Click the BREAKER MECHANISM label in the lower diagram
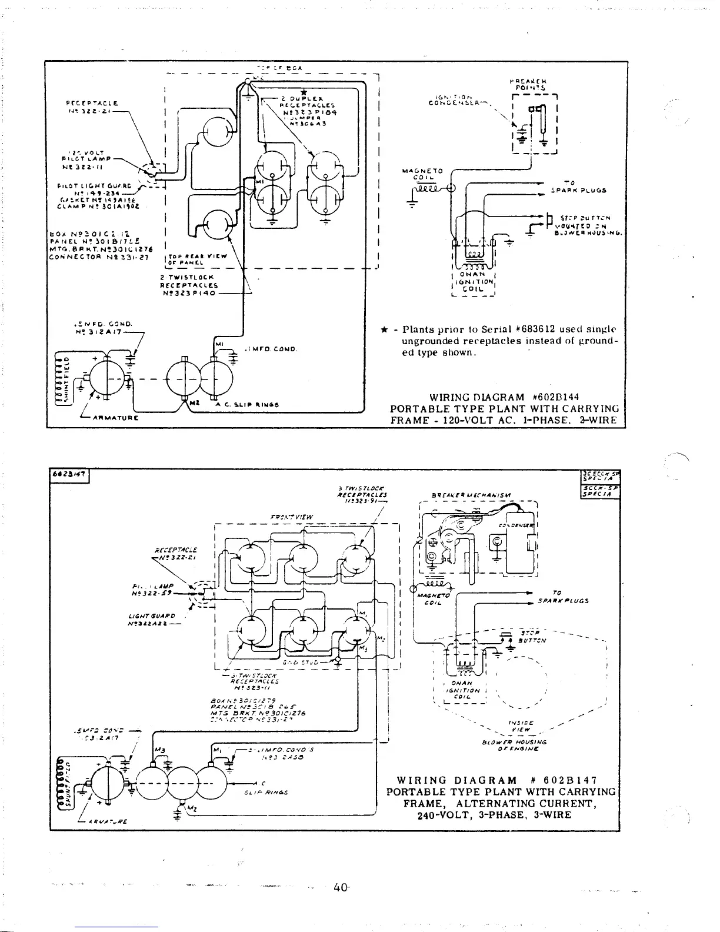[471, 495]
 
